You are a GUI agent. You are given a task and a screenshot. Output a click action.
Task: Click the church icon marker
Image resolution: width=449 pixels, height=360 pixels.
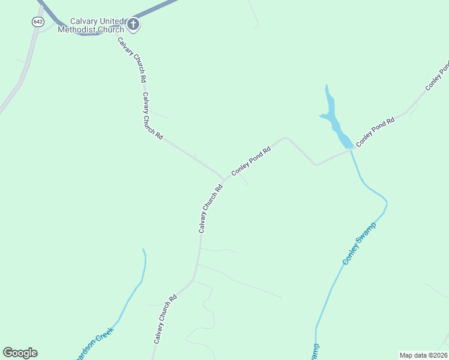tap(133, 25)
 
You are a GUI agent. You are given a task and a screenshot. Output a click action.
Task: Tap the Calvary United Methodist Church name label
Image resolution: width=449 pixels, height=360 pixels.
tap(91, 25)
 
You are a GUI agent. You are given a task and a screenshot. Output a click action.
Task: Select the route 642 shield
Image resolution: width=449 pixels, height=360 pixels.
tap(38, 22)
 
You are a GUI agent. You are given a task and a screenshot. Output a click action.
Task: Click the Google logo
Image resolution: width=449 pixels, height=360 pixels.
tap(20, 353)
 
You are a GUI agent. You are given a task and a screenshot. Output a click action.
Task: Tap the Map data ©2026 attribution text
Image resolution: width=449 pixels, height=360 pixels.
tap(423, 355)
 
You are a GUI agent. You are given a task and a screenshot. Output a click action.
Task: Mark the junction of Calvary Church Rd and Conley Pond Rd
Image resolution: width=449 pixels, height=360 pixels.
tap(224, 179)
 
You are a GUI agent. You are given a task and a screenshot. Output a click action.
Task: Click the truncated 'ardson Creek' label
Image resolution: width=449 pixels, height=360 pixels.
tap(95, 342)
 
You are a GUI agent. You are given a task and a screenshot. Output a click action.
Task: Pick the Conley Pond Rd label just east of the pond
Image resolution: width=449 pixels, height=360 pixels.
tap(375, 132)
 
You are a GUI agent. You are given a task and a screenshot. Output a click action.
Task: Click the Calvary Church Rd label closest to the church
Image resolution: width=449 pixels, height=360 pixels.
tap(132, 60)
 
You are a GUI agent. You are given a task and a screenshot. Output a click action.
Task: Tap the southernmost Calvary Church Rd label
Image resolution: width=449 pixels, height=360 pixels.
tap(164, 319)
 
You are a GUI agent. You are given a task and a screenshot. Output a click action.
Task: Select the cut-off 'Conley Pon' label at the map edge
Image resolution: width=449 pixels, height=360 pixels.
tap(437, 77)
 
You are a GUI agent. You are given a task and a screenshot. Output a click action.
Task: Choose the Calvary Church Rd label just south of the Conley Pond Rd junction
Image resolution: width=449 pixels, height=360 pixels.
tap(211, 208)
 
